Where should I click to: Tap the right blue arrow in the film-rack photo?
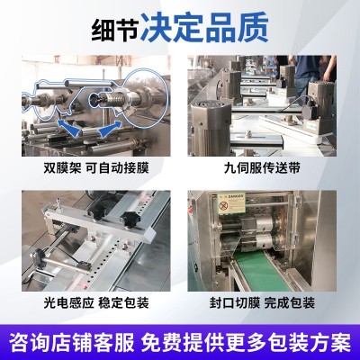coord(108,129)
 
